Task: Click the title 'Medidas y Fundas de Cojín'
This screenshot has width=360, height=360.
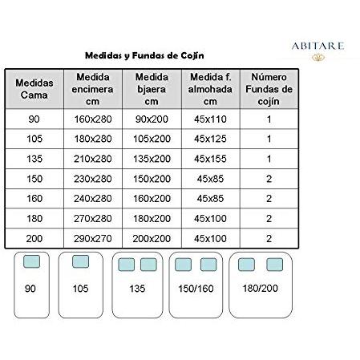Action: (x=144, y=57)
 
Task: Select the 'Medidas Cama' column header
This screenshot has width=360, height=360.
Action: (x=34, y=89)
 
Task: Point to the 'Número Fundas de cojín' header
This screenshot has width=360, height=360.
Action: (x=269, y=89)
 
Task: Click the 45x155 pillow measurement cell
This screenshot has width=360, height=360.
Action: (x=210, y=158)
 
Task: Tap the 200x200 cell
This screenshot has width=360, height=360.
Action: (x=152, y=238)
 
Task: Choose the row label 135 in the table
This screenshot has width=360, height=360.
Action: (x=34, y=158)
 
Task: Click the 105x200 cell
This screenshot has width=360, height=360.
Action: (x=152, y=138)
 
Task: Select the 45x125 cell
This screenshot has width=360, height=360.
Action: (x=210, y=138)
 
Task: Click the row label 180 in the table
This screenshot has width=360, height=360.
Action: (x=34, y=218)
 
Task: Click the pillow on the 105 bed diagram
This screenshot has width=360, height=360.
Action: (x=80, y=262)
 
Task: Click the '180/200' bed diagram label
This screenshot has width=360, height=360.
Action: (x=260, y=286)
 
